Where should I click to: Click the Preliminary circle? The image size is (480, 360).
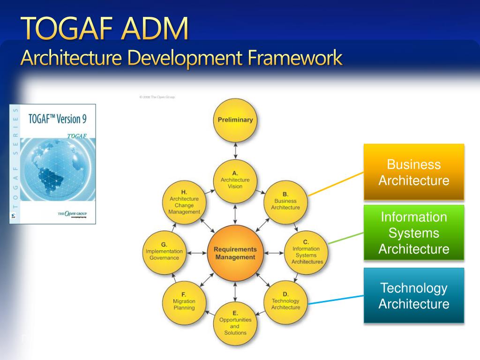(235, 120)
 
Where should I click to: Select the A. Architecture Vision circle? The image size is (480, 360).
(235, 180)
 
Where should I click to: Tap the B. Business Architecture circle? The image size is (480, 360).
(285, 201)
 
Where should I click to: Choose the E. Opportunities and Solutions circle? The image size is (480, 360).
(235, 323)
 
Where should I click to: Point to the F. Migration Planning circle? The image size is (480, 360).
(184, 301)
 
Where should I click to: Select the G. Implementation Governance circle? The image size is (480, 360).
(164, 252)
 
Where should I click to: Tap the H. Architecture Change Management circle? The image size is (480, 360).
(184, 202)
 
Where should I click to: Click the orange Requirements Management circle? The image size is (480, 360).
(235, 253)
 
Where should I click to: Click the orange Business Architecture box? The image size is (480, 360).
(414, 172)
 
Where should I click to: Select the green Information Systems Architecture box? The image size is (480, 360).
(414, 232)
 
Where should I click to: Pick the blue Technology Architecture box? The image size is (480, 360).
(414, 295)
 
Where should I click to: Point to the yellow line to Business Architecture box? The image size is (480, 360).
(336, 183)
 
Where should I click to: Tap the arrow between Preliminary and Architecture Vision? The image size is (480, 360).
(235, 150)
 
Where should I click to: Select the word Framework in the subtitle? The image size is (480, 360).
(295, 59)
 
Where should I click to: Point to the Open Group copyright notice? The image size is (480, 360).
(157, 97)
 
